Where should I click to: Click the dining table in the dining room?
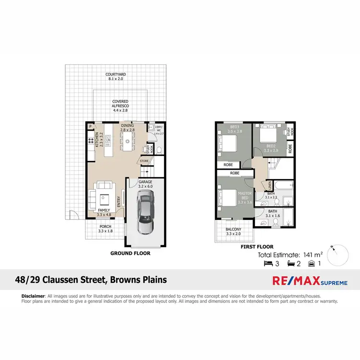[x=128, y=141]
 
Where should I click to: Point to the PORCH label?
[x=105, y=228]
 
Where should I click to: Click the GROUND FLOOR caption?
[x=130, y=253]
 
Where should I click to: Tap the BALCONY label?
[x=233, y=231]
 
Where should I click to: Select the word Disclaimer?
[x=33, y=296]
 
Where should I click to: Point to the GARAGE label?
[x=145, y=182]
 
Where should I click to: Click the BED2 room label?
[x=270, y=146]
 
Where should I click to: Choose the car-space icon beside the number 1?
[x=312, y=264]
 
